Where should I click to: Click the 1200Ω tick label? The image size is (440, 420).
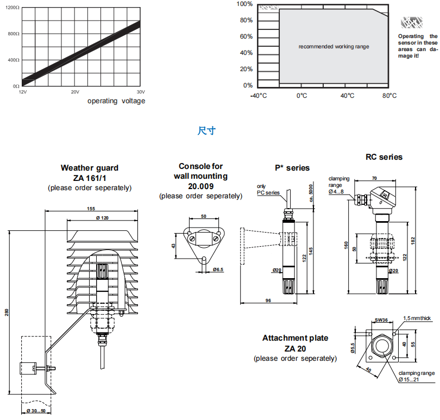click(13, 8)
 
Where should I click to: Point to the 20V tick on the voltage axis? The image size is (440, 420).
click(75, 92)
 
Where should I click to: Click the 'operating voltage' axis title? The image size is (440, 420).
click(116, 101)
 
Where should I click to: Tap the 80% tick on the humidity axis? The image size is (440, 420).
click(246, 21)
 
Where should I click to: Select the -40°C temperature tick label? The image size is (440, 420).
click(258, 96)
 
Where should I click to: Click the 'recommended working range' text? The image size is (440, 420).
click(334, 47)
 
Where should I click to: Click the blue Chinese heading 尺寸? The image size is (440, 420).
click(207, 131)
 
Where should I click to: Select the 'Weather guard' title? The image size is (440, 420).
click(90, 168)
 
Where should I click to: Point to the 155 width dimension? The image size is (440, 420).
click(91, 209)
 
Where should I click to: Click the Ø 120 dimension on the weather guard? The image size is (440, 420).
click(102, 218)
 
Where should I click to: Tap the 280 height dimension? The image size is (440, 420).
click(7, 312)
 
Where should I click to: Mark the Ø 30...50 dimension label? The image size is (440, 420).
click(36, 411)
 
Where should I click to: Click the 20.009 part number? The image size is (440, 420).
click(200, 186)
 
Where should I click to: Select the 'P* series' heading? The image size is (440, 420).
click(292, 168)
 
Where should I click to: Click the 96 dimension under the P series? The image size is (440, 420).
click(268, 300)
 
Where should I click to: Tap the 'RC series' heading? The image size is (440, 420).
click(384, 156)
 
